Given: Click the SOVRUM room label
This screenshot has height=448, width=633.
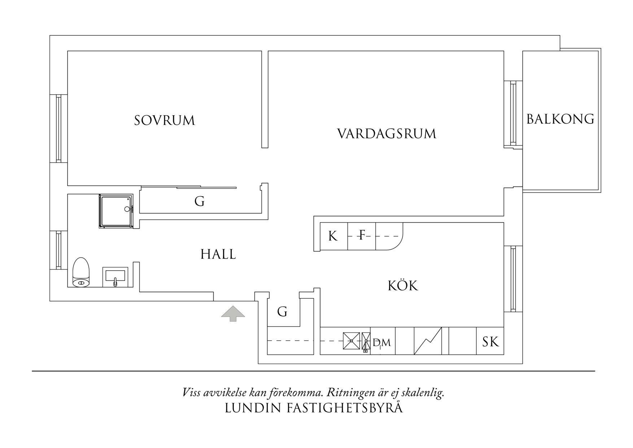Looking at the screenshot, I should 165,120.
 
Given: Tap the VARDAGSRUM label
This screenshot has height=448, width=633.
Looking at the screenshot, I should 387,134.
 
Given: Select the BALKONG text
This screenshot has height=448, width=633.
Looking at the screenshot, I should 560,119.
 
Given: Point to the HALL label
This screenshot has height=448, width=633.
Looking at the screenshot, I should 218,254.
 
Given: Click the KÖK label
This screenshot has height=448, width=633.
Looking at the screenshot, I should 403,286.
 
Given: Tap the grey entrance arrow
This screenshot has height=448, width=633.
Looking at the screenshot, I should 233,313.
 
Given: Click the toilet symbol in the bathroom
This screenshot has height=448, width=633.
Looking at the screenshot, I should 81,272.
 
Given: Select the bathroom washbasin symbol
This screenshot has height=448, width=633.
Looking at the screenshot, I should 115,277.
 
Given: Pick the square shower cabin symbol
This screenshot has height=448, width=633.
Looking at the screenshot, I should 116,211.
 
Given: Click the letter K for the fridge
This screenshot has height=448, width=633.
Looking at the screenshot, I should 333,236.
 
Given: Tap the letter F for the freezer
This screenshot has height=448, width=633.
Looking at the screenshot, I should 362,236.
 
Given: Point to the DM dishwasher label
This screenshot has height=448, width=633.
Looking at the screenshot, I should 381,343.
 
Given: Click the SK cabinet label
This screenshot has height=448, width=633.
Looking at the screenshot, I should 490,341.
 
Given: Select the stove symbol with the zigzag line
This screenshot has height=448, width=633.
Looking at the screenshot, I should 428,341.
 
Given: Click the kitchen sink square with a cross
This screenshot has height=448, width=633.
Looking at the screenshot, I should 351,341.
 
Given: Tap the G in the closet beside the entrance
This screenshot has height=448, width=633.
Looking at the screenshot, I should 282,311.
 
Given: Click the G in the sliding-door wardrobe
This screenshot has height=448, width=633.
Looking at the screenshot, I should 199,201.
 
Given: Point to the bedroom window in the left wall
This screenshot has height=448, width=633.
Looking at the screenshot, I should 58,129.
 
